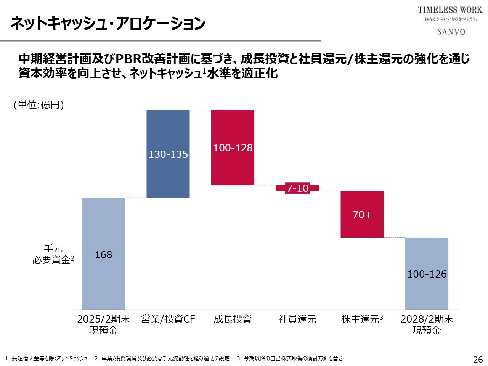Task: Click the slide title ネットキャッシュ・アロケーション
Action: [108, 24]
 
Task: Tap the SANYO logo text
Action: [451, 32]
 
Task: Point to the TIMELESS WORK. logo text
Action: [450, 10]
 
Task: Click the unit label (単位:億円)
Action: [39, 105]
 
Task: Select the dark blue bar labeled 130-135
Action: [168, 154]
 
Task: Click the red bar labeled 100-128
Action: [233, 148]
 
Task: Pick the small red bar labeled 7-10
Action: [297, 188]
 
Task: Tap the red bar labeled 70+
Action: [362, 214]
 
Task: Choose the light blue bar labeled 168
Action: [103, 254]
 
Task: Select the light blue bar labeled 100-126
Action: [427, 274]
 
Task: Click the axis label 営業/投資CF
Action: [168, 319]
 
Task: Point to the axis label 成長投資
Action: [233, 319]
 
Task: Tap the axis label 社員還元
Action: [297, 319]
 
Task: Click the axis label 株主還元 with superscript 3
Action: [362, 319]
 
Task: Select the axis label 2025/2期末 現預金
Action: [103, 324]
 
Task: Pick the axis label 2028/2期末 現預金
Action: [427, 324]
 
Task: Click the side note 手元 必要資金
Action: [53, 254]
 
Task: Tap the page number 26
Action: [478, 359]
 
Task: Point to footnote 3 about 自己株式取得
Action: [290, 358]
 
